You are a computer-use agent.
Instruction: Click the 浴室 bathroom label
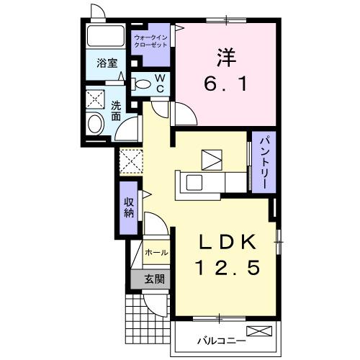click(x=107, y=63)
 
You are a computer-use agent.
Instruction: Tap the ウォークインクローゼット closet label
click(x=150, y=40)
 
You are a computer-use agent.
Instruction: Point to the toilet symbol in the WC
click(x=143, y=84)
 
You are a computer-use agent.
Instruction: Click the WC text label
click(x=161, y=84)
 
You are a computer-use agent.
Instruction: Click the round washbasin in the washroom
click(x=95, y=126)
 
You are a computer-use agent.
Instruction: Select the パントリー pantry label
click(x=262, y=163)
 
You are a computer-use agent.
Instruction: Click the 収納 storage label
click(x=129, y=207)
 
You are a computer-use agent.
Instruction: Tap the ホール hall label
click(x=156, y=253)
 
